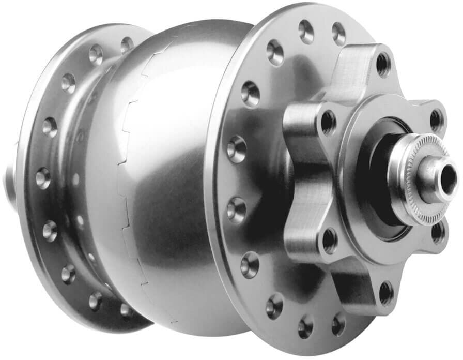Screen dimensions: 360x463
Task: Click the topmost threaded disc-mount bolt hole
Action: (x=383, y=64)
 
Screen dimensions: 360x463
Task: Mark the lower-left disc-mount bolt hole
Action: (x=329, y=240)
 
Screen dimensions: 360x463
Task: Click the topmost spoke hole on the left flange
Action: (x=127, y=44)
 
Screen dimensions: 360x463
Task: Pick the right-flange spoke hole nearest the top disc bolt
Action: (x=338, y=33)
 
